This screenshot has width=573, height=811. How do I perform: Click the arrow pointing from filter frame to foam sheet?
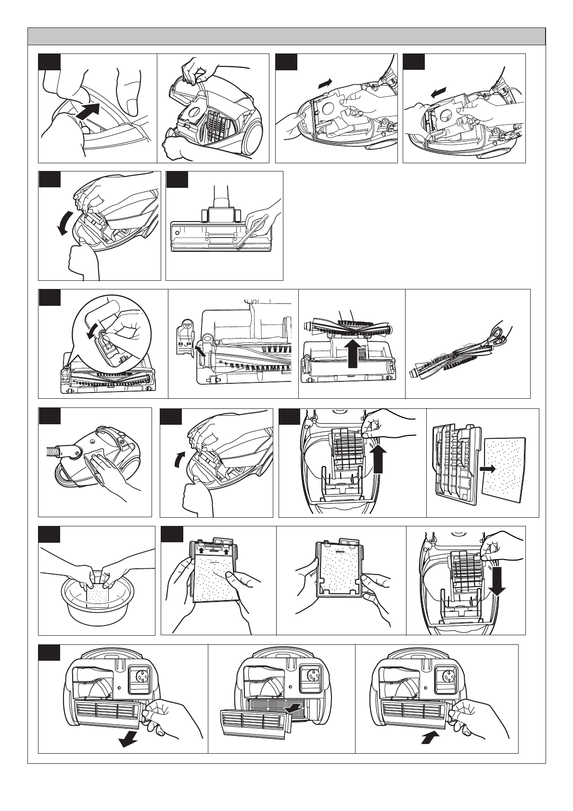(x=487, y=468)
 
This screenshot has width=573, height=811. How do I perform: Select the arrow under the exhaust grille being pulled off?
(x=127, y=741)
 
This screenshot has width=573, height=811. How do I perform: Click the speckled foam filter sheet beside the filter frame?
(x=505, y=467)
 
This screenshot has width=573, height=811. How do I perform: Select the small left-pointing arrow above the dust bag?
(x=438, y=92)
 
